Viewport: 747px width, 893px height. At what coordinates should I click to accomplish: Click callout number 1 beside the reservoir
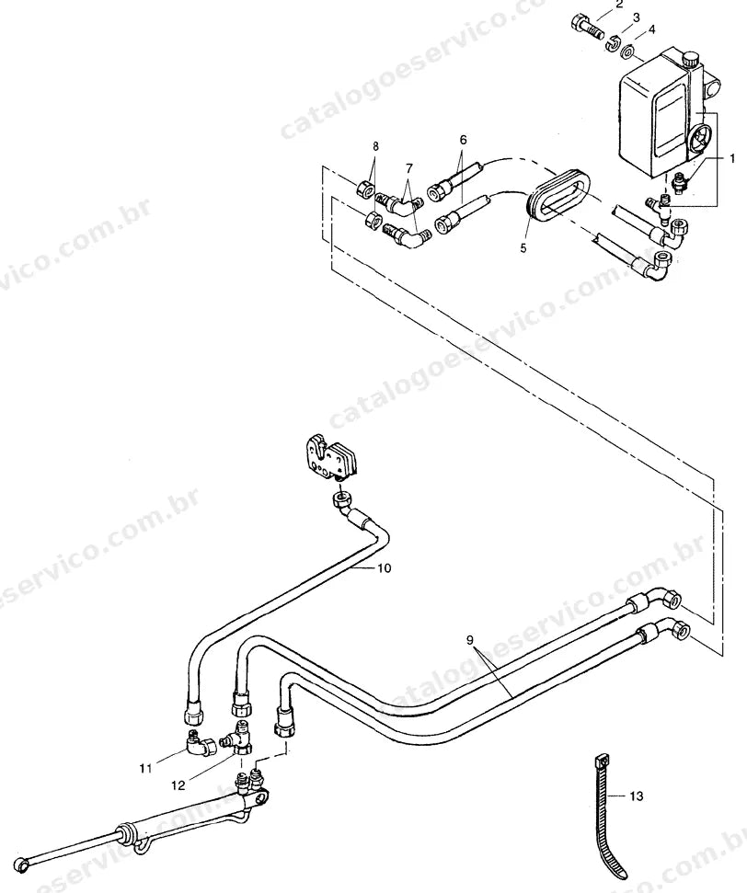coord(732,159)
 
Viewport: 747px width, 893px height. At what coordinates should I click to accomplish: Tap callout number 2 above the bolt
coord(619,6)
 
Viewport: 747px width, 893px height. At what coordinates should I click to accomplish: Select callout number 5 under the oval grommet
coord(523,249)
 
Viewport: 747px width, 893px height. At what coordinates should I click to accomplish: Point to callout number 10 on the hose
coord(384,567)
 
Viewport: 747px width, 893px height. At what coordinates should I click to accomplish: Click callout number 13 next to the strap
coord(637,796)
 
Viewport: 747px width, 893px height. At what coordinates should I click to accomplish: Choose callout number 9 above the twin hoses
coord(469,640)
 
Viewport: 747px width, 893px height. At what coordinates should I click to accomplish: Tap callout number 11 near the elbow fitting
coord(146,769)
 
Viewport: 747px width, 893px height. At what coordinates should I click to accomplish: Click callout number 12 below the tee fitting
coord(178,785)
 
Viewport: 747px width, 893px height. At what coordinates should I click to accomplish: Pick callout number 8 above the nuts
coord(375,146)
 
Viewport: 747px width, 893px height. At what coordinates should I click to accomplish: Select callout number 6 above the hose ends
coord(463,140)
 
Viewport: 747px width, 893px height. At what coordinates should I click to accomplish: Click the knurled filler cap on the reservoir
coord(691,59)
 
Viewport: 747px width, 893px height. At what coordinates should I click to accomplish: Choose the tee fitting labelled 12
coord(239,739)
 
